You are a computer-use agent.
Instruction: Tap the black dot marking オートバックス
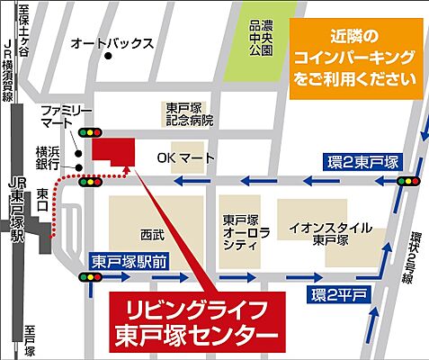[108, 57]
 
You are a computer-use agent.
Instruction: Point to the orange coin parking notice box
[355, 57]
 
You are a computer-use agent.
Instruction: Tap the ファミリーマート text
[66, 115]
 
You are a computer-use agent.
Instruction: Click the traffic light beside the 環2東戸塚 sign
[410, 181]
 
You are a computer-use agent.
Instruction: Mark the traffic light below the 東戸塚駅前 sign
[91, 276]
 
